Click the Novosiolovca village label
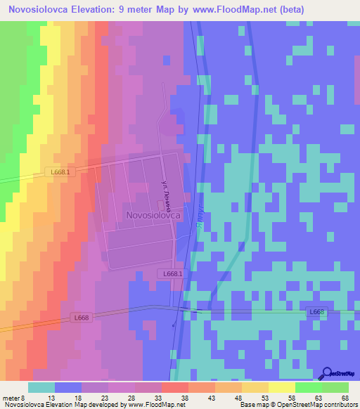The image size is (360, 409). tap(154, 216)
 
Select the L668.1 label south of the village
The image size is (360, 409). tap(172, 273)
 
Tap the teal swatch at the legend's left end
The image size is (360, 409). tap(41, 387)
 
